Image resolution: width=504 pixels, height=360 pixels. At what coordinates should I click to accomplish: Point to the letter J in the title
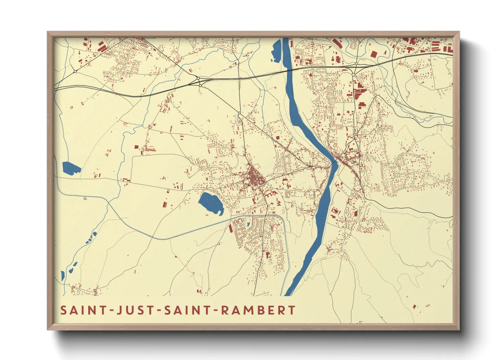pos(120,311)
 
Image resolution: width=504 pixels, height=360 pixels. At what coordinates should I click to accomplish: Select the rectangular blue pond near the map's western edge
pos(71,168)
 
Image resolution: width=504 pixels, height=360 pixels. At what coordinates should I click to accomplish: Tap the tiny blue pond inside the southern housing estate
pos(248,224)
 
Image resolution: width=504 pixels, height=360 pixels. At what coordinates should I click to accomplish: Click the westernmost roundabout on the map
pos(75,71)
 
